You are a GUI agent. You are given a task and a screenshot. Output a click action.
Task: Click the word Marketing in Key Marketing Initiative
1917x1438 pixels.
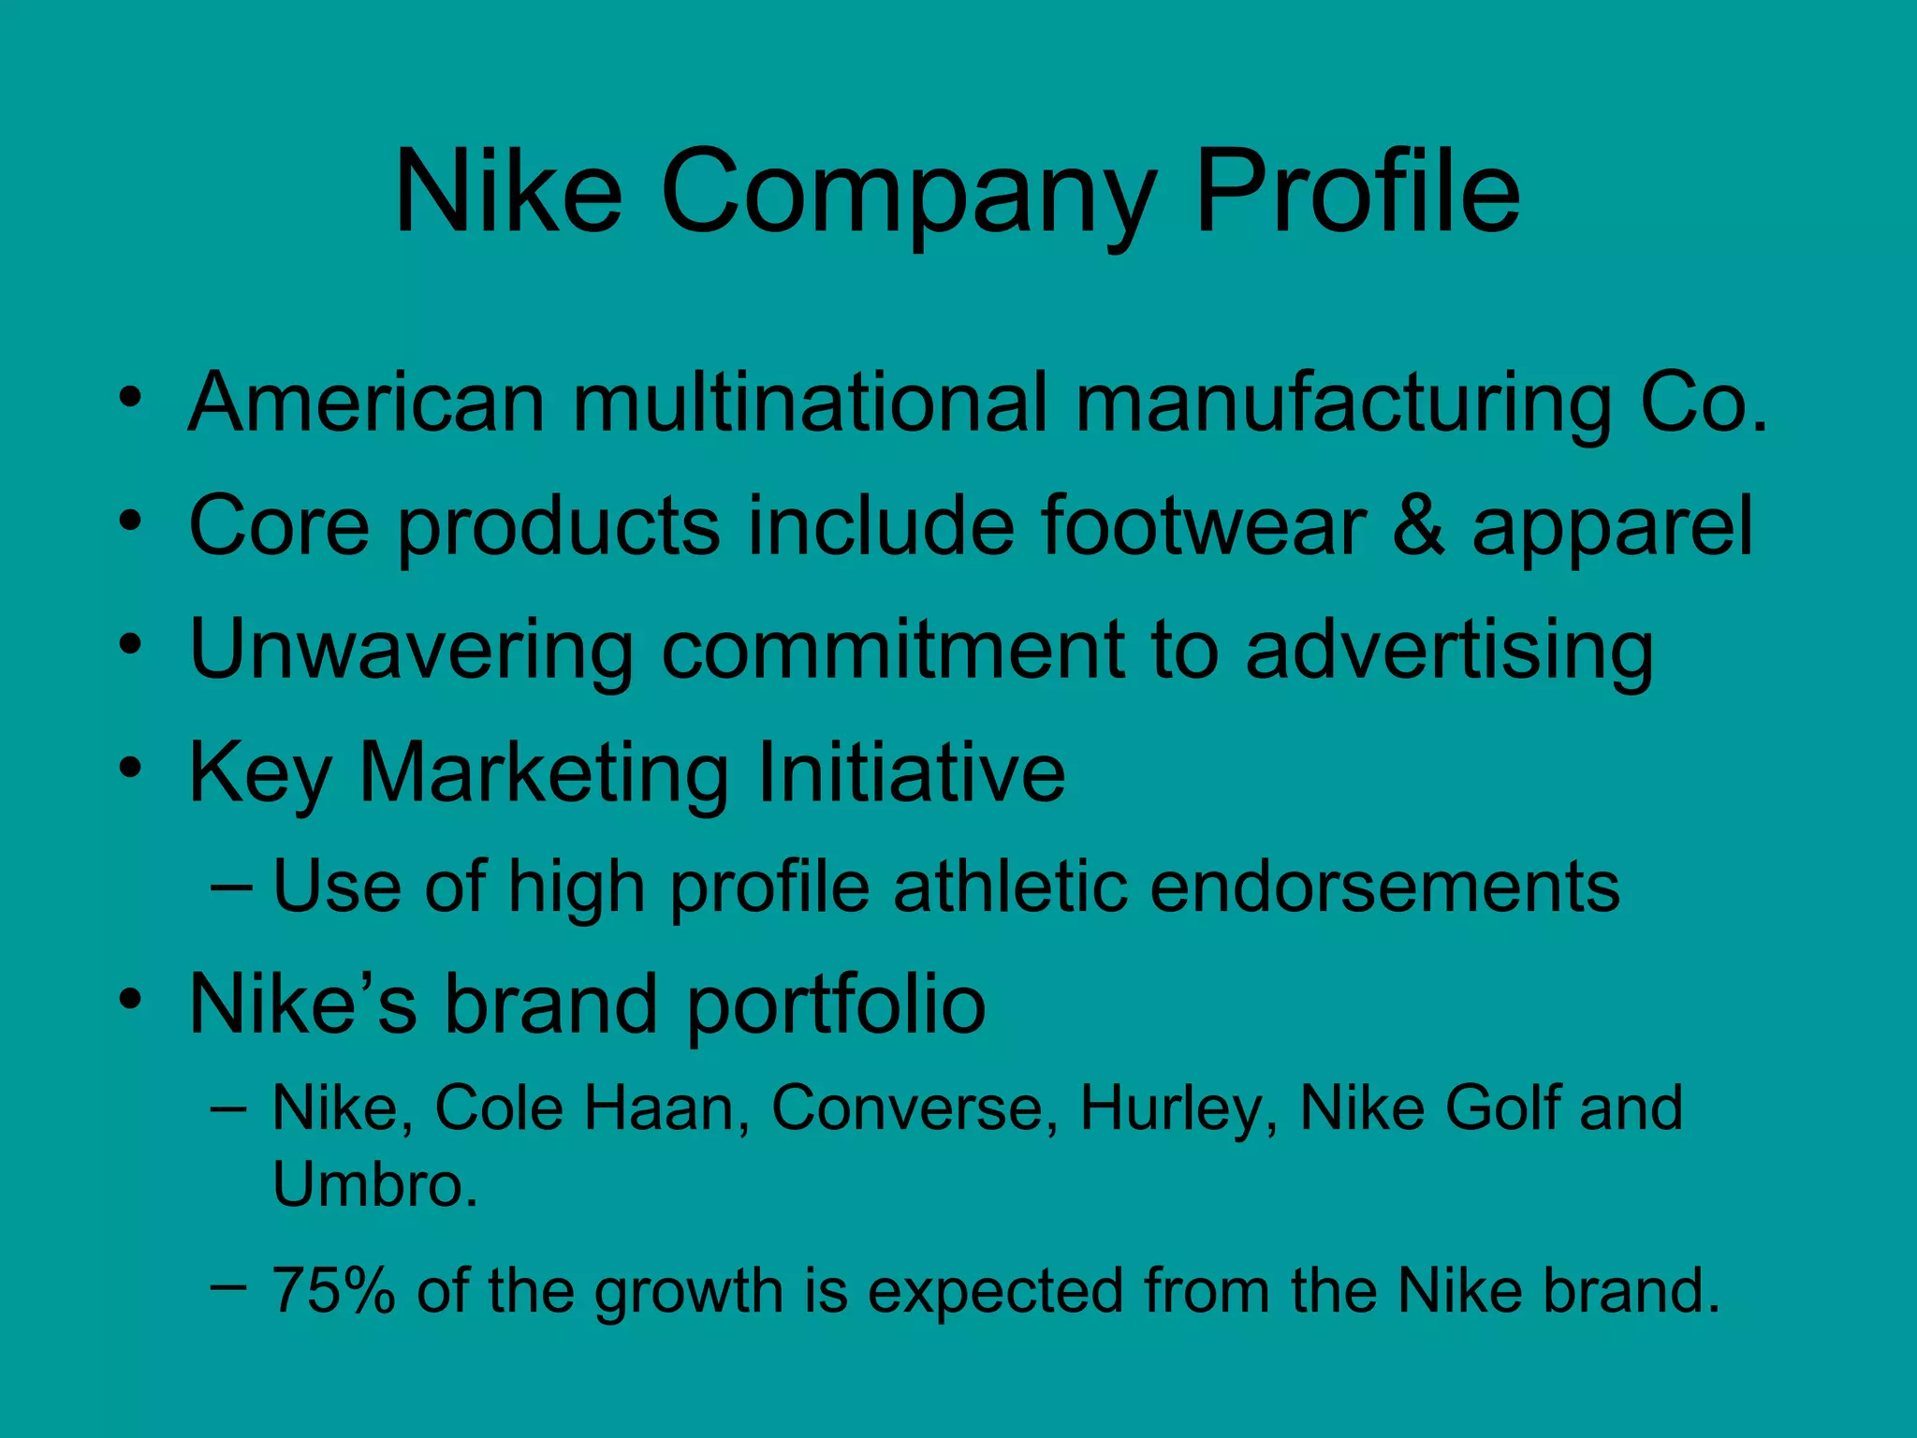544,773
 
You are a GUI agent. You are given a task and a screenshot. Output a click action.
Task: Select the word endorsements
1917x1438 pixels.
1384,886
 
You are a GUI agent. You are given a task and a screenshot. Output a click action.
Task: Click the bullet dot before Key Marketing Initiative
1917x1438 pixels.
130,770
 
